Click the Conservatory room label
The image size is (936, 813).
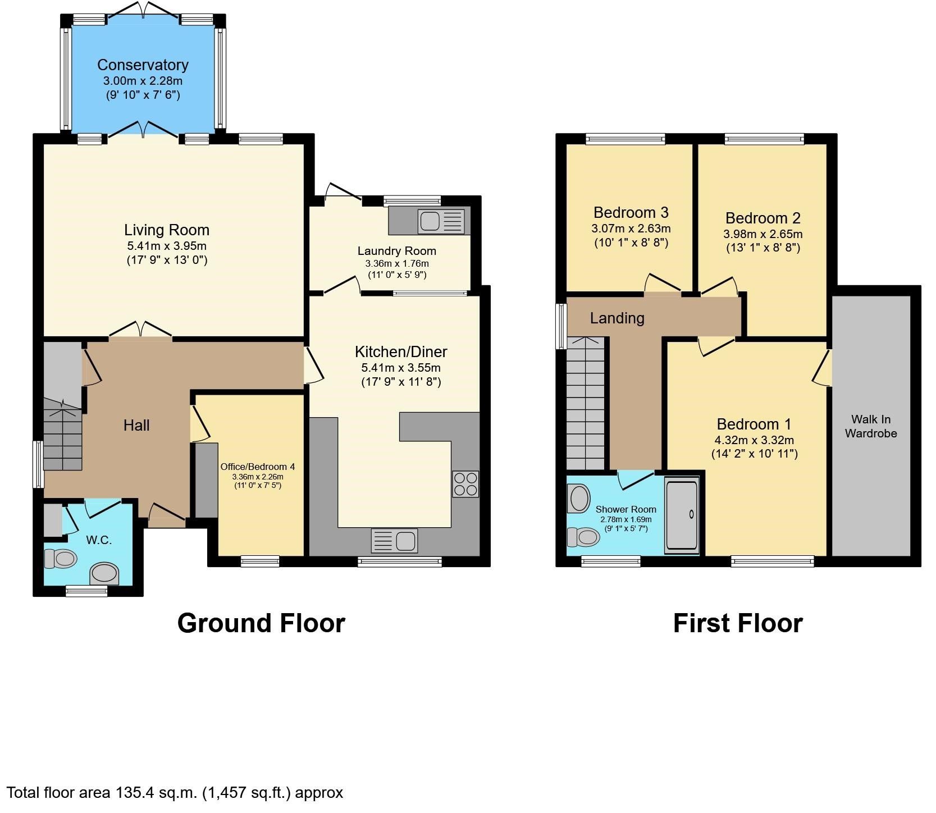point(143,65)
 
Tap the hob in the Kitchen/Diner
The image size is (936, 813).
point(465,484)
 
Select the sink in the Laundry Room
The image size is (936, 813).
point(441,221)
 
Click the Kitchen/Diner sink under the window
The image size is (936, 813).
point(394,541)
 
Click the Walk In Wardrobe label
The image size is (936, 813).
point(870,426)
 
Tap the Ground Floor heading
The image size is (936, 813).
point(261,623)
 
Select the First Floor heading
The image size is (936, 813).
point(737,623)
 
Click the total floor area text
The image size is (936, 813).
point(175,792)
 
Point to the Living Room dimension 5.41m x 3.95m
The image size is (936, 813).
point(167,246)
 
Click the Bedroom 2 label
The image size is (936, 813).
point(763,218)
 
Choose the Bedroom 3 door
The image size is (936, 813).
point(663,284)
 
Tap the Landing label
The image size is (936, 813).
point(617,318)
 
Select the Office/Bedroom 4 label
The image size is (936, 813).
point(257,467)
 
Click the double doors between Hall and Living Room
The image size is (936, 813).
point(141,331)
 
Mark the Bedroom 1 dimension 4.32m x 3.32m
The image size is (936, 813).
point(754,440)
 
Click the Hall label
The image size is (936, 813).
point(136,426)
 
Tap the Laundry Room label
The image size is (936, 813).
point(396,251)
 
